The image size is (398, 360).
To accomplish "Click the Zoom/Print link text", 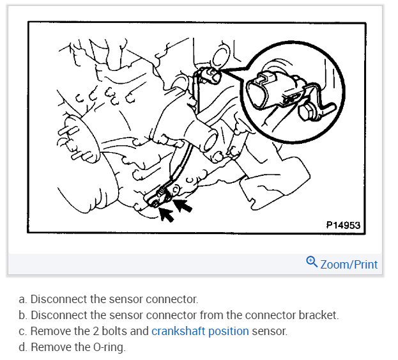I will pos(349,264).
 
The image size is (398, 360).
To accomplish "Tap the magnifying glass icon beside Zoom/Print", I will pos(312,263).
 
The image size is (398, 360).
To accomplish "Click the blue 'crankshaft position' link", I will pos(200,331).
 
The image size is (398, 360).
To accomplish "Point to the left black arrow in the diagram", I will pos(167,214).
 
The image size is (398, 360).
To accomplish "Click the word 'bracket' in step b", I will pos(320,315).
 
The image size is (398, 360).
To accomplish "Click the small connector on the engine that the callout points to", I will pos(206,77).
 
